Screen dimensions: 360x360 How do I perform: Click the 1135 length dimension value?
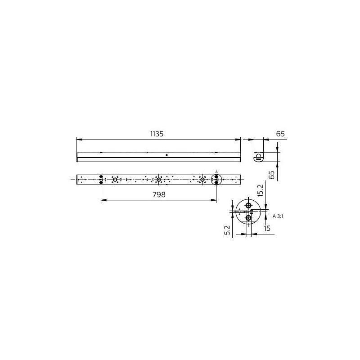click(157, 134)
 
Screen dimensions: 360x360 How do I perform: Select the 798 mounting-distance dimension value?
click(159, 194)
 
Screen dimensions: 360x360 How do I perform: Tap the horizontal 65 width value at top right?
click(280, 134)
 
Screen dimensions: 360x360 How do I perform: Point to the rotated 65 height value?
click(272, 175)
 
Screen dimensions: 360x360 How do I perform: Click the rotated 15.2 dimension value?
click(260, 190)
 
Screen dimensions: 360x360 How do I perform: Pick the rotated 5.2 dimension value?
click(227, 230)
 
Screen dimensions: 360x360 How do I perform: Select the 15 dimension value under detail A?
click(267, 228)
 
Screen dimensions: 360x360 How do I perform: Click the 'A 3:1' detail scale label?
click(278, 216)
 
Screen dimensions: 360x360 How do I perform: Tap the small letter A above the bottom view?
click(216, 172)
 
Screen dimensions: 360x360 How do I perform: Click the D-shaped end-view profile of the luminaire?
click(259, 157)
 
